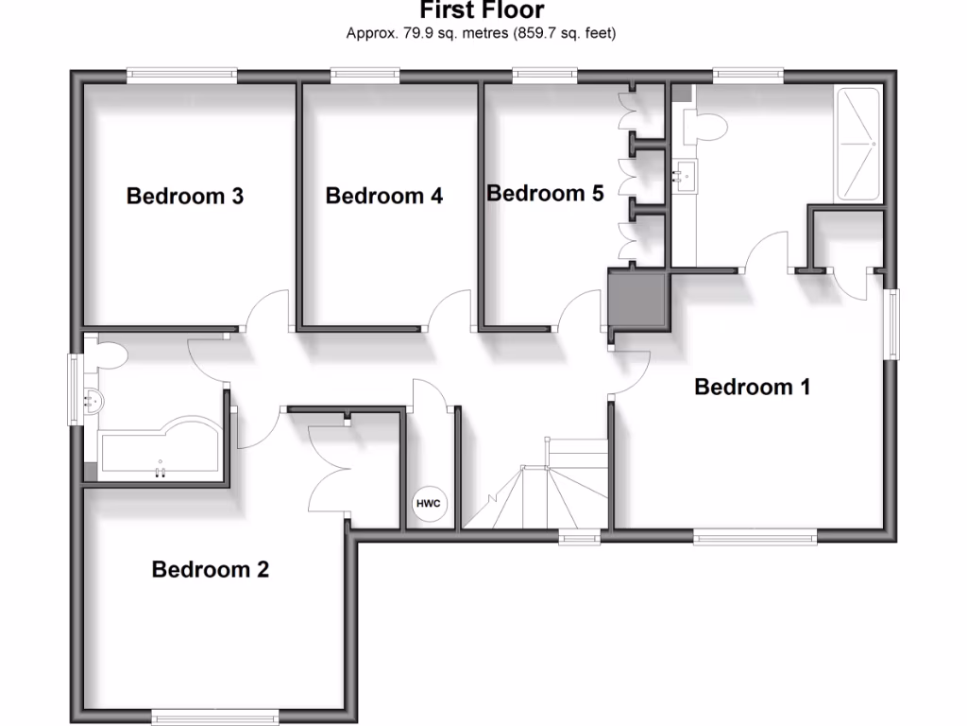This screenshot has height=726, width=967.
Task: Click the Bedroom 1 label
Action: point(753,387)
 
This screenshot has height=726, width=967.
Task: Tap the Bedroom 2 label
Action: point(211,570)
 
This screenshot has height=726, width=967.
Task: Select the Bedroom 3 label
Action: point(185,196)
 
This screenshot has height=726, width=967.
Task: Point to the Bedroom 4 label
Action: point(384,196)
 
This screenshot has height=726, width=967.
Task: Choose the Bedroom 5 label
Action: point(545,194)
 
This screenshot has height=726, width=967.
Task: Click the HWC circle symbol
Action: point(429,503)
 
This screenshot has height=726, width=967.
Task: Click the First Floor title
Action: point(482,11)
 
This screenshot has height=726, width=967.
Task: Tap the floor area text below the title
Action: point(482,34)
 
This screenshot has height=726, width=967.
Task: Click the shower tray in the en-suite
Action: point(858,144)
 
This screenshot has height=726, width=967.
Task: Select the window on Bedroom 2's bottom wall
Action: point(216,714)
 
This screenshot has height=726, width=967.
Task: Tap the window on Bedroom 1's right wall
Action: point(891,323)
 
